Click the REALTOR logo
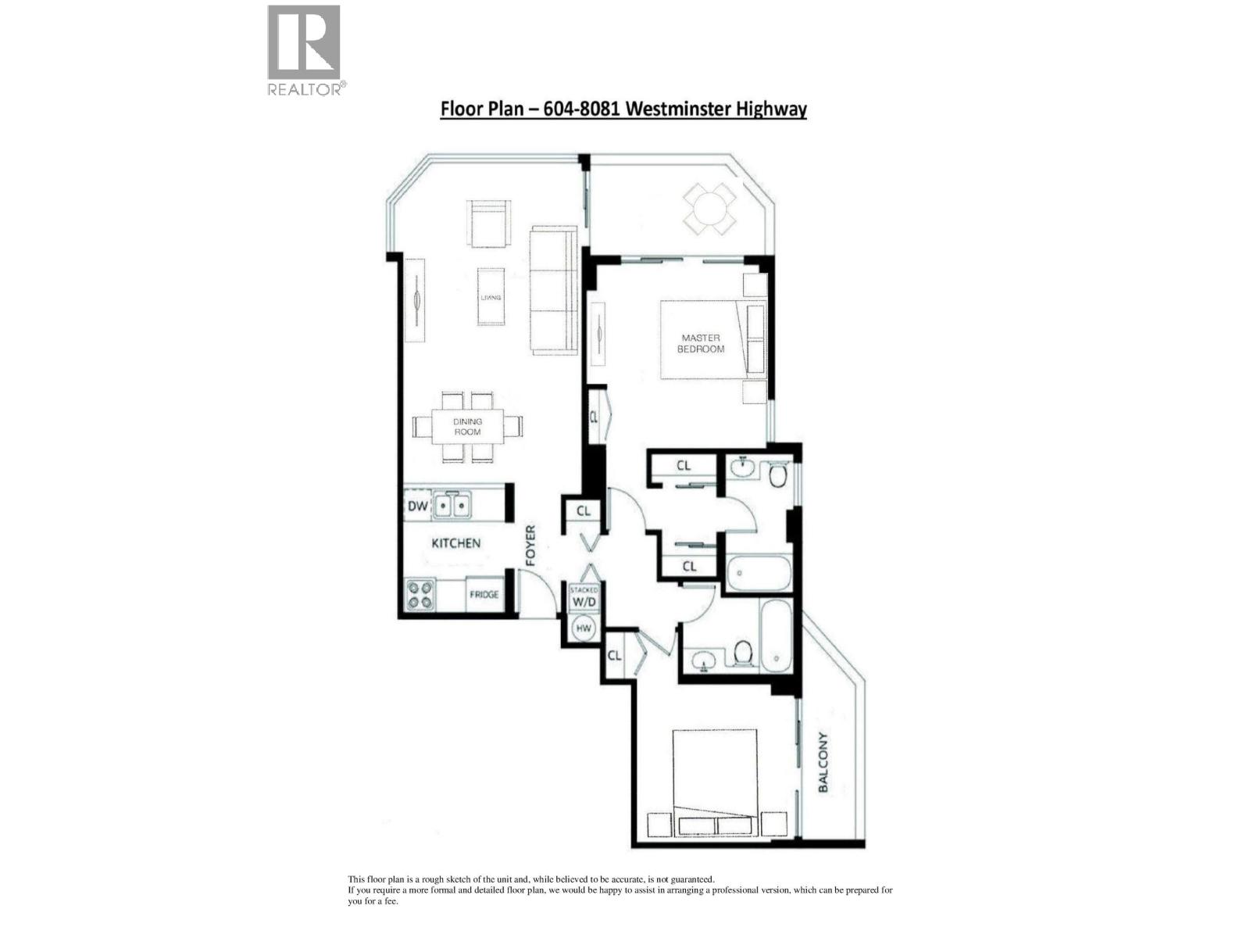coord(305,48)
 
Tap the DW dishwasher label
coord(418,507)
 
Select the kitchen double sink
coord(452,507)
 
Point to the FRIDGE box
coord(484,595)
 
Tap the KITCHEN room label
coord(456,542)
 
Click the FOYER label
coord(531,545)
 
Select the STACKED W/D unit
coord(584,598)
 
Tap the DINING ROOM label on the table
coord(467,427)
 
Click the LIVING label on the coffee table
coord(491,297)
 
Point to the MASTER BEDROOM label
coord(700,343)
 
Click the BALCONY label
coord(822,762)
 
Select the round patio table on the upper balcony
coord(709,209)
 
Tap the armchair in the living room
coord(490,224)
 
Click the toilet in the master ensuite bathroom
coord(777,474)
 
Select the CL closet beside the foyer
coord(583,511)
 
